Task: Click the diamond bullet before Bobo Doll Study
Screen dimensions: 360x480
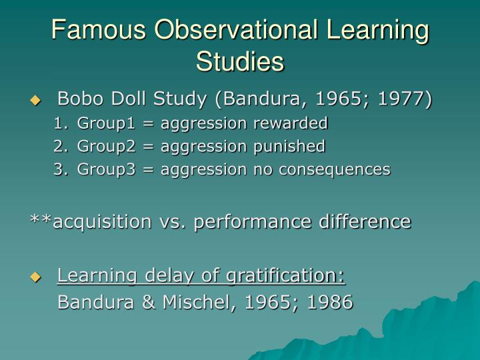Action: [35, 101]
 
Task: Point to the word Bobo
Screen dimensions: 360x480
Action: [79, 99]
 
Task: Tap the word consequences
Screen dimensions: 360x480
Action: [340, 169]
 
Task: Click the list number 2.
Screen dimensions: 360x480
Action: [59, 146]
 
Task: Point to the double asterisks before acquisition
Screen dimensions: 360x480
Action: [41, 220]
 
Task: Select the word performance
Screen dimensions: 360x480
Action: [253, 221]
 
